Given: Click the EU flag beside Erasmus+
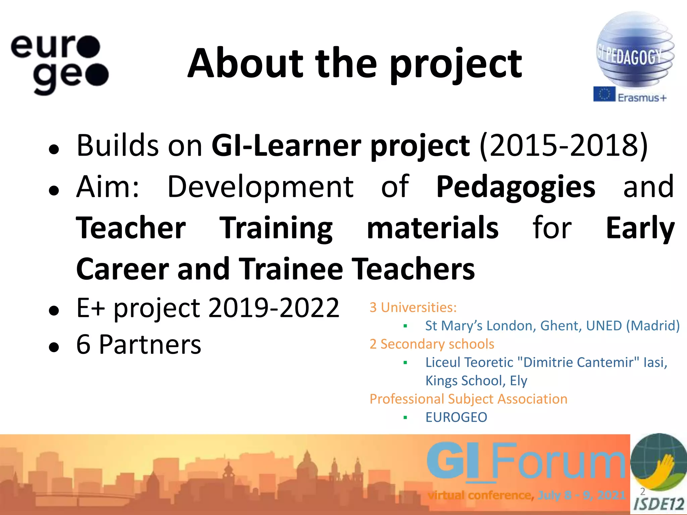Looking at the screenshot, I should [604, 94].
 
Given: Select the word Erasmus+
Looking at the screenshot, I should [642, 98].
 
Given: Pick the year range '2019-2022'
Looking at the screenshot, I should [274, 308].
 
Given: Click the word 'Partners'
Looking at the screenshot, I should [150, 345].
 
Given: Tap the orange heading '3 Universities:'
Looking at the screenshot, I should [413, 307].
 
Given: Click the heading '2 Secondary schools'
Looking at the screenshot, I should [432, 344].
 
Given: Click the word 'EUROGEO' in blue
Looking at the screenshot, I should [456, 417].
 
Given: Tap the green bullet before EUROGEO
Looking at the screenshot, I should [405, 417].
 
